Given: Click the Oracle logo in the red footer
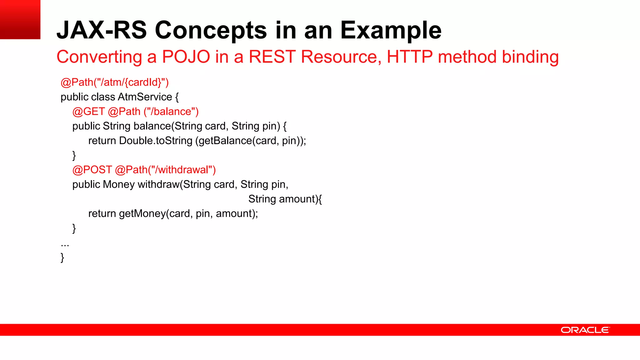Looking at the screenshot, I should pos(585,330).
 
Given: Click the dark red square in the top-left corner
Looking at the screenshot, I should pos(20,19).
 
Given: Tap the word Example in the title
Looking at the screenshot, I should pos(391,30).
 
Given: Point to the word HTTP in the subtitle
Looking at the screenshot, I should pos(409,57).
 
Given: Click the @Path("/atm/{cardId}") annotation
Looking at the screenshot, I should pos(114,82).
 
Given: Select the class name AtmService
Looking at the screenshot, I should pos(145,97).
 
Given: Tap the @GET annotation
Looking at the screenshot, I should pos(88,112).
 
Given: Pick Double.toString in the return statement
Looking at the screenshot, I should pos(156,141).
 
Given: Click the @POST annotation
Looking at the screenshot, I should pos(92,170).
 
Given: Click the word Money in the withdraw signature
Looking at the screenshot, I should pos(119,184).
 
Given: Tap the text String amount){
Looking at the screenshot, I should pos(285,199).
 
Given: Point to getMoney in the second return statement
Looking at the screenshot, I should pos(142,213).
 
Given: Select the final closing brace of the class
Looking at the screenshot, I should pos(62,257).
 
